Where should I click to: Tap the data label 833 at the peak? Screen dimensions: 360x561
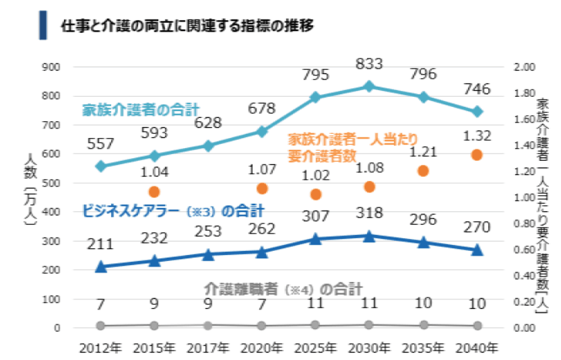[x=369, y=64]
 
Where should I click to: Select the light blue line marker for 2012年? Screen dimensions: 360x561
[x=100, y=166]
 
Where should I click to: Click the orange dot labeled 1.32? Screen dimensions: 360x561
[x=477, y=155]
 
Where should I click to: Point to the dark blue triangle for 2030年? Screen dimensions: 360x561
[x=369, y=236]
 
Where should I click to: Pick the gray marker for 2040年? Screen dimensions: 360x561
[x=477, y=326]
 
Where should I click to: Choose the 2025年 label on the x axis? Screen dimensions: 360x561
[x=315, y=348]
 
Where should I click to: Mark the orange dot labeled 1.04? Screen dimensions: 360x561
[x=154, y=192]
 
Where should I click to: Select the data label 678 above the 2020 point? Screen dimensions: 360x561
[x=261, y=108]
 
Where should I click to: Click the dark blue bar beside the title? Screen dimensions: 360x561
[x=43, y=26]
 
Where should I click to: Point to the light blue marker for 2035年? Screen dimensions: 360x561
[x=423, y=97]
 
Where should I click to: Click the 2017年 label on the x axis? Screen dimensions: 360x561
[x=208, y=348]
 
